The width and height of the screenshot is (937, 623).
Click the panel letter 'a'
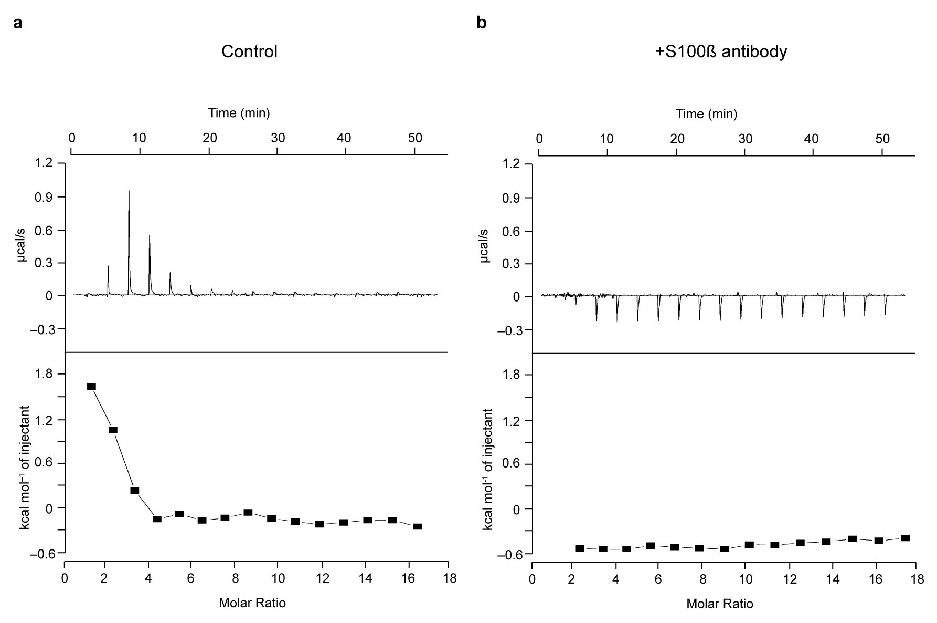pos(18,24)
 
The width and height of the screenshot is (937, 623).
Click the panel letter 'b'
pos(482,23)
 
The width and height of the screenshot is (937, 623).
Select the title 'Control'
pos(249,51)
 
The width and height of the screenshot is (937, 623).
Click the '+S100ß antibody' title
pos(721,52)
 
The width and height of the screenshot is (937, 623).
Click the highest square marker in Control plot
pos(91,387)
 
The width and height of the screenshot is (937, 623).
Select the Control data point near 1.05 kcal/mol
pos(113,430)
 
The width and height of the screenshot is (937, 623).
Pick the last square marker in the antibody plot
pos(905,538)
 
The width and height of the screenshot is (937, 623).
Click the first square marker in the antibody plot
pos(580,548)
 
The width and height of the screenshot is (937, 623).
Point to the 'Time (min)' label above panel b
pos(706,113)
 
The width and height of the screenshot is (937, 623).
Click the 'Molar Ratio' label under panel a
pos(252,603)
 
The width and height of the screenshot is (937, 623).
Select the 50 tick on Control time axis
pos(414,138)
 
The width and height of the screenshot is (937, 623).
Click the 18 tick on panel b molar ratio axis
pos(916,579)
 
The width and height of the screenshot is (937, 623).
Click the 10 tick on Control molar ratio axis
pos(276,578)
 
